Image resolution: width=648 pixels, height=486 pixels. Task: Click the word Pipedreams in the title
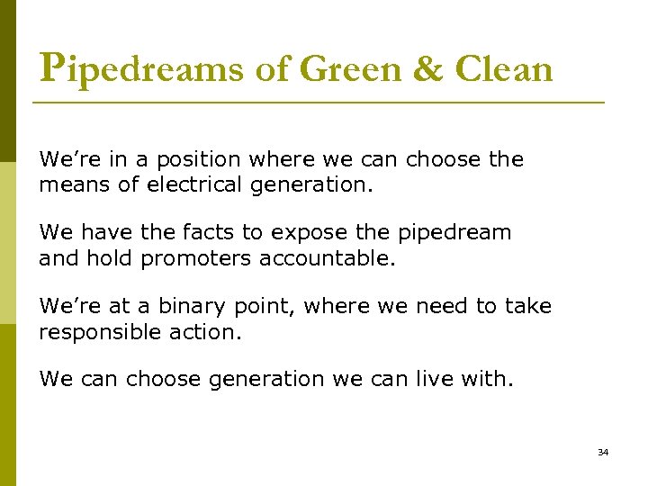pos(142,67)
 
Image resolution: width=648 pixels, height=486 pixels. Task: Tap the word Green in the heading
pos(350,67)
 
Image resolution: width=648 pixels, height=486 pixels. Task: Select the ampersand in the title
pos(428,67)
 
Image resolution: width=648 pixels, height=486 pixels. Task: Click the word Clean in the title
pos(504,67)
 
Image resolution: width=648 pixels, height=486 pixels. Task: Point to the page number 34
pos(603,452)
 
